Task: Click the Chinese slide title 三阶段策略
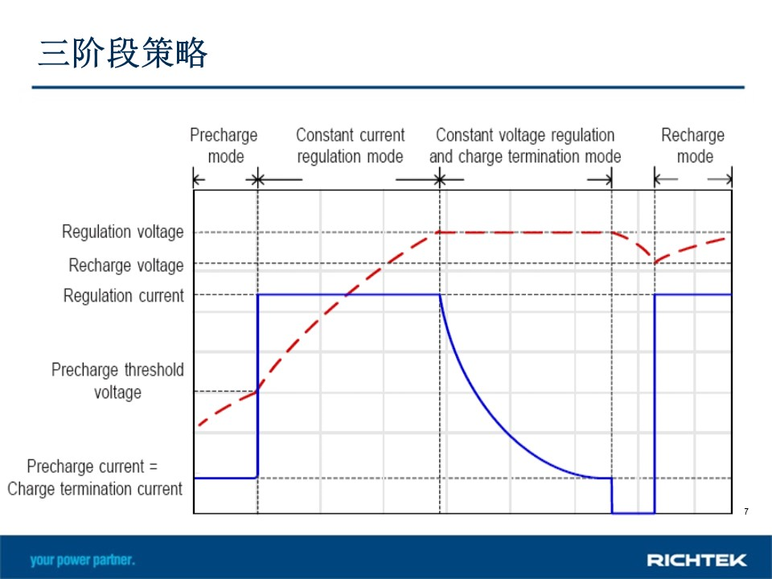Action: tap(122, 53)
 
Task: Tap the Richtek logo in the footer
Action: tap(696, 561)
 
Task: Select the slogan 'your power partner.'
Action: tap(82, 560)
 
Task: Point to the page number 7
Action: tap(746, 511)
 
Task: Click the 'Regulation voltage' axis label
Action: tap(122, 232)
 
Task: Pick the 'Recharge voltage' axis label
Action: tap(126, 265)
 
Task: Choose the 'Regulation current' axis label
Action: tap(124, 296)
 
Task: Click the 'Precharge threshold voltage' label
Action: tap(117, 381)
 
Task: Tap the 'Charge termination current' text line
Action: tap(95, 489)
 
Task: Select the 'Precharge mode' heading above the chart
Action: tap(224, 146)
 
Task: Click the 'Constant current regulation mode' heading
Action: tap(350, 146)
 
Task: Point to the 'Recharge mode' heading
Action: tap(693, 146)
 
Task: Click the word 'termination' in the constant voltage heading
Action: tap(544, 157)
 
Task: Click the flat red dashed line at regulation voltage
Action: tap(525, 232)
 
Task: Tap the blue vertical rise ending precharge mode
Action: tap(257, 386)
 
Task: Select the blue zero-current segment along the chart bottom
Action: tap(633, 513)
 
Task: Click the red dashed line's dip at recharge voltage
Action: tap(654, 261)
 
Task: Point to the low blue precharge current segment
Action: tap(225, 478)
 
